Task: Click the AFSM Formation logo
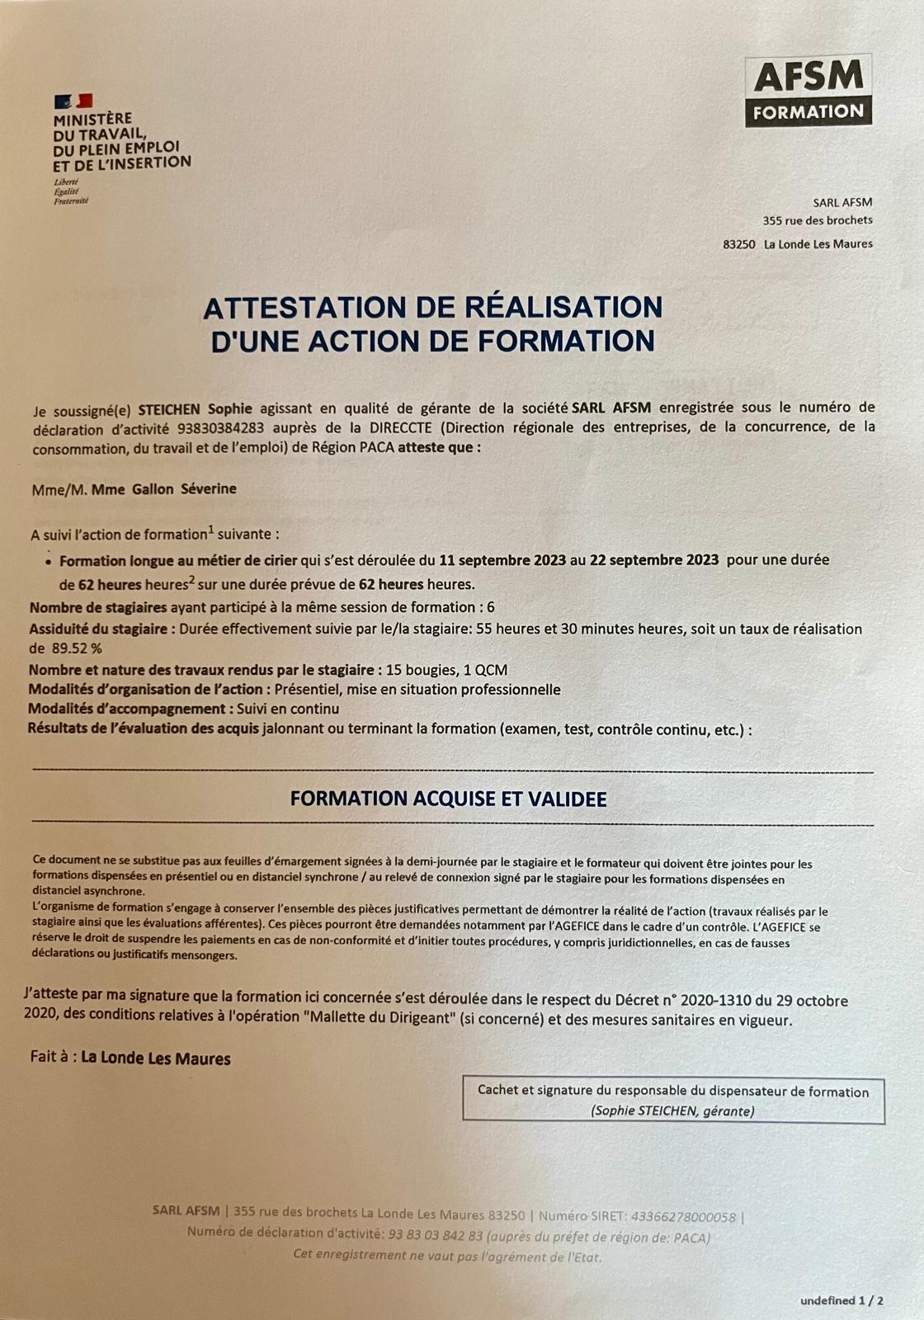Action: click(x=808, y=91)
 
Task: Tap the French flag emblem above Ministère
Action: click(x=73, y=101)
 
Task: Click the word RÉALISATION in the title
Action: click(x=563, y=307)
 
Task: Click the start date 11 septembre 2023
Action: click(x=502, y=559)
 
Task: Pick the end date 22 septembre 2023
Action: click(x=654, y=559)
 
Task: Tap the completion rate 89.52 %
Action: click(x=77, y=648)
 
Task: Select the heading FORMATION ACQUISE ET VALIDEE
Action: click(x=448, y=799)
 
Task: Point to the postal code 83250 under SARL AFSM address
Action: click(x=738, y=244)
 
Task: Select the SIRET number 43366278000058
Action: click(x=684, y=1216)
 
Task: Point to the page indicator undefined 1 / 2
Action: click(x=841, y=1301)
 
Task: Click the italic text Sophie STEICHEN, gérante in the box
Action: click(x=672, y=1110)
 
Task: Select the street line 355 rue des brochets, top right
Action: click(x=817, y=220)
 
